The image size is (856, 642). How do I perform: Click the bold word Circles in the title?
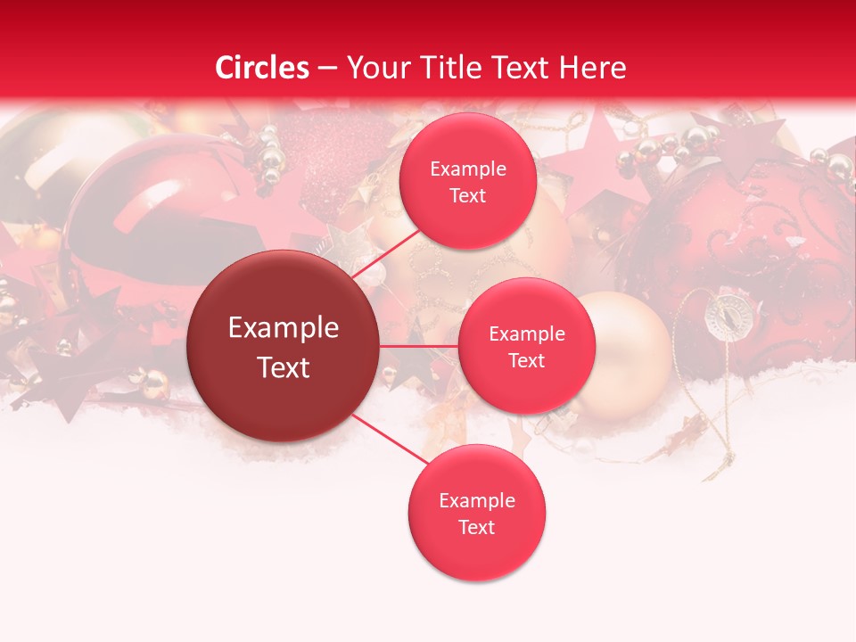(262, 68)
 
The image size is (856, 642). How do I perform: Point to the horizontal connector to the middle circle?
(418, 346)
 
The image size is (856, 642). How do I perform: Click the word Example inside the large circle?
(284, 328)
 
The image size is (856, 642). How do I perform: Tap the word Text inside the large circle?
(284, 367)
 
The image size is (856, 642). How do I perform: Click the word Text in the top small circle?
(468, 196)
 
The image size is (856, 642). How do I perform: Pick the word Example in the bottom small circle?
(476, 500)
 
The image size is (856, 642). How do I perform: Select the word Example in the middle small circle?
(526, 334)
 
